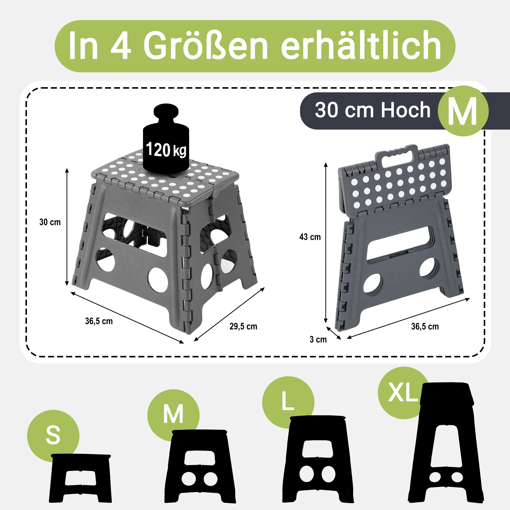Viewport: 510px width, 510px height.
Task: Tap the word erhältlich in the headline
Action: (361, 45)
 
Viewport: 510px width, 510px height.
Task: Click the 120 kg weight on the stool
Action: (166, 140)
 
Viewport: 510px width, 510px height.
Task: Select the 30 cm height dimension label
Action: (50, 222)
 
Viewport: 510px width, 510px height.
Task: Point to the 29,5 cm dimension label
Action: (243, 327)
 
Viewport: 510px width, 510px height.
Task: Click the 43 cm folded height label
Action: (310, 237)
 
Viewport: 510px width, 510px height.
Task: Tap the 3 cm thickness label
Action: (318, 339)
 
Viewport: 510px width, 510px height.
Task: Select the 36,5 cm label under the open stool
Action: (99, 321)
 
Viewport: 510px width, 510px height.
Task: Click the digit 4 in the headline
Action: (121, 45)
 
